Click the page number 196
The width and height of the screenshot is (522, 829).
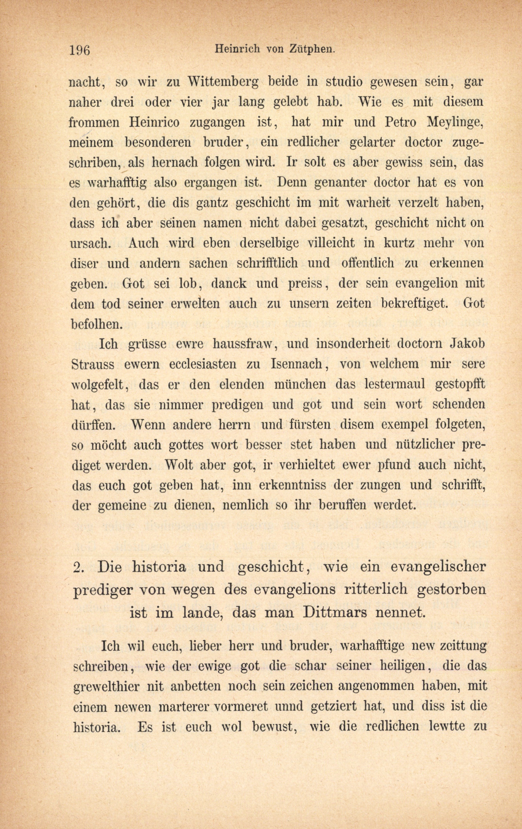[x=79, y=50]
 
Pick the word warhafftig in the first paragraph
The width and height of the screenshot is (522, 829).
[x=117, y=183]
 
